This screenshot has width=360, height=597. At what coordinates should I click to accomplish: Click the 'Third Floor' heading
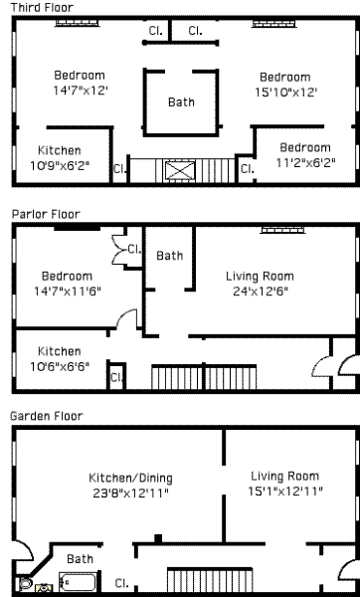point(42,7)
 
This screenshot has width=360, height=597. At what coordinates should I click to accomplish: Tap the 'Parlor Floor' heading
point(46,214)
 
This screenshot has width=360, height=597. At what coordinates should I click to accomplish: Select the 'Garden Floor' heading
point(46,416)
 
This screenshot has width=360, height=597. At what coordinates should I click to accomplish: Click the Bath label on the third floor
point(181,102)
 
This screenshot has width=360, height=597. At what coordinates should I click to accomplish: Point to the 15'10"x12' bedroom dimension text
point(286,93)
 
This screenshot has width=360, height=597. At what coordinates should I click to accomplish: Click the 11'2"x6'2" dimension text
point(305,163)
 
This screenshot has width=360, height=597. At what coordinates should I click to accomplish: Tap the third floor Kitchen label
point(60,150)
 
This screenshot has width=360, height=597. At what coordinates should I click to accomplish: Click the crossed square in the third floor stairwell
point(179,170)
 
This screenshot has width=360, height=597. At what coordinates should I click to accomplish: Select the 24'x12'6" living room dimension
point(261,292)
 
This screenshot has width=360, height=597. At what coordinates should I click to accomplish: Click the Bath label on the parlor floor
point(169,256)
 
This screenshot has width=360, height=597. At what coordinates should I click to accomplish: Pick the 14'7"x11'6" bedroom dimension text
point(68,292)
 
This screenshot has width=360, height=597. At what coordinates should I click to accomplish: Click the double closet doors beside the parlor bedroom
point(118,250)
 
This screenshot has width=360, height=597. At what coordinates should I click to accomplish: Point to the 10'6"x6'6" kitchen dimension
point(60,366)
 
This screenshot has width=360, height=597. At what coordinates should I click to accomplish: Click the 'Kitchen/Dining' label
point(130,478)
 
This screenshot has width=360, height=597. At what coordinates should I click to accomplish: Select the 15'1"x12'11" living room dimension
point(285,492)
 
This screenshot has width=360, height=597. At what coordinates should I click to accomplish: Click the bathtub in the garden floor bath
point(78,582)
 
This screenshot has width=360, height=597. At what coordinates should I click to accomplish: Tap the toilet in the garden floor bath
point(26,584)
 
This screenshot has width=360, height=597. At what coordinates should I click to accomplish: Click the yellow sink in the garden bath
point(44,589)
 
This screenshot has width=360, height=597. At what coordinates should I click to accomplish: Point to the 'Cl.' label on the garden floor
point(121,583)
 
